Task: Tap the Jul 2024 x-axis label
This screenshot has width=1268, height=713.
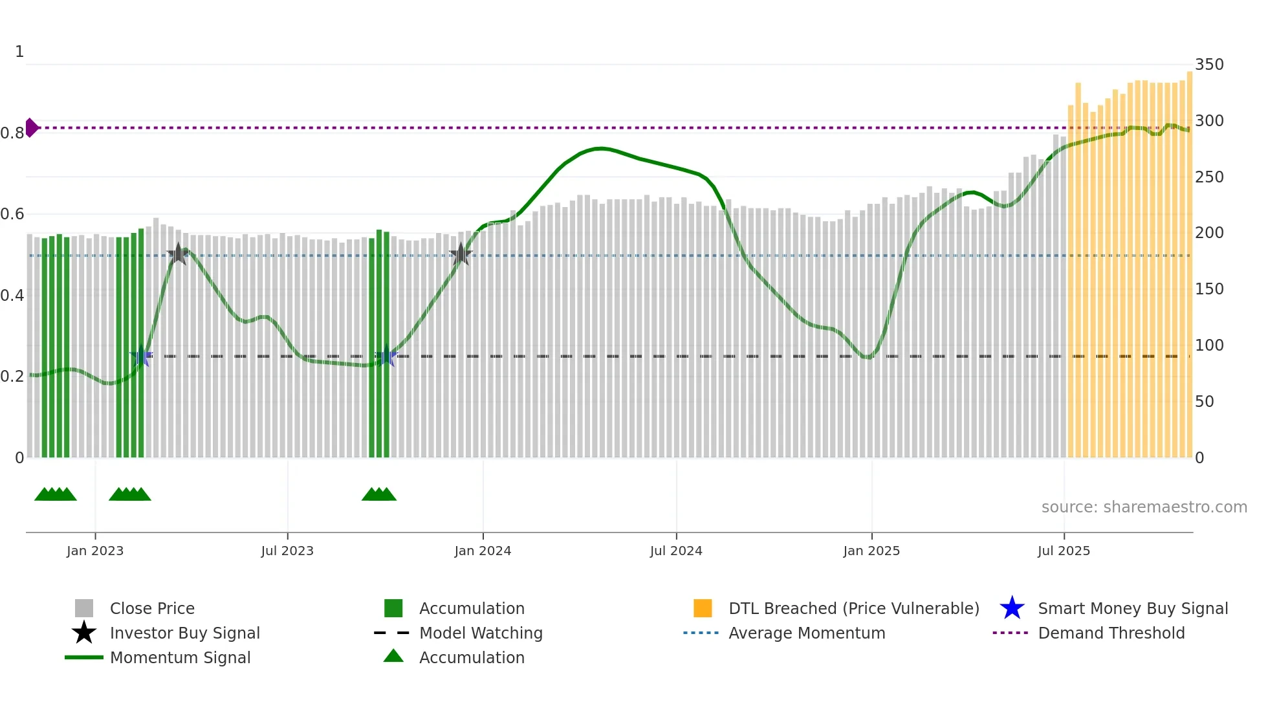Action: (676, 551)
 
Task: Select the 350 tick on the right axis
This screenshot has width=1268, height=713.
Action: (1209, 65)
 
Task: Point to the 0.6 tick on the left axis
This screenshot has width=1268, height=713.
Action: (12, 214)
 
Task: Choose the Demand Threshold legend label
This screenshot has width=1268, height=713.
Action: (1111, 633)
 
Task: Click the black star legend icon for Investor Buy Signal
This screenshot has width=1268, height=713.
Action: (84, 633)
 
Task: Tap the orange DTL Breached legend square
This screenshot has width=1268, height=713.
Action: (703, 608)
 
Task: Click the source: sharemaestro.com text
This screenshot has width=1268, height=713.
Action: (1144, 507)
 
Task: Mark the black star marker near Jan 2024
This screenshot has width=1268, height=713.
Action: (461, 254)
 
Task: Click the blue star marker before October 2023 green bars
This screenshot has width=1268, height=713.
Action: (386, 356)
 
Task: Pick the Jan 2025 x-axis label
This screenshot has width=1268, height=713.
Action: (871, 551)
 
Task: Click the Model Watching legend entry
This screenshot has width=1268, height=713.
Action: (481, 633)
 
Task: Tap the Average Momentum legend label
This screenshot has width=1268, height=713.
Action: (807, 633)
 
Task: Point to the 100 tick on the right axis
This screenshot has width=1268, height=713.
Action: (1209, 346)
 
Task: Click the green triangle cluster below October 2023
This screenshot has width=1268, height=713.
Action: (379, 494)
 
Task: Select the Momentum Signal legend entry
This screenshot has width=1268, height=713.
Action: (180, 658)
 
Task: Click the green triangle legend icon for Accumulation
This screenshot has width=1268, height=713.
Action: (393, 657)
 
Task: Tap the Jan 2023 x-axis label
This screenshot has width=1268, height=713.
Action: (95, 551)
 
